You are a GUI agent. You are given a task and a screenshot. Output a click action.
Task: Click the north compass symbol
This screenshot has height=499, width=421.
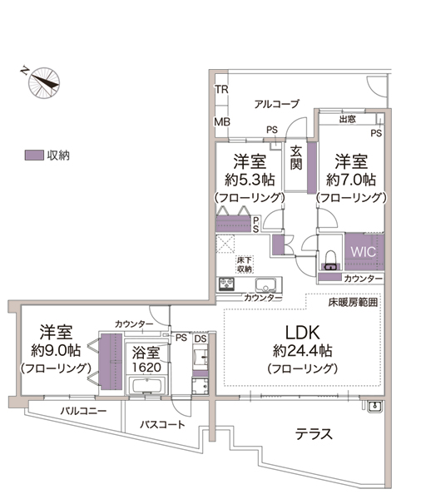44,82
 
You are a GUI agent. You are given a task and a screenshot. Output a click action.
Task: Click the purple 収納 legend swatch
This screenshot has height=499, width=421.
34,156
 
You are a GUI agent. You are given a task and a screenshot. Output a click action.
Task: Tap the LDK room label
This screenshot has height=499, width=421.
302,333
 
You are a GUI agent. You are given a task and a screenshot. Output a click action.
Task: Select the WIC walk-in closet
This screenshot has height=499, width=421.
364,252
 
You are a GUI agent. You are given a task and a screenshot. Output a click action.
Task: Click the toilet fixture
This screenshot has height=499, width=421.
330,260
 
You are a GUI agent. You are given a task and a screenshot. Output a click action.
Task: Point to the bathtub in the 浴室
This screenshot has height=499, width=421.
146,386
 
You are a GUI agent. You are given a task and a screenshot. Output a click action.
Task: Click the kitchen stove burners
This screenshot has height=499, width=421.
227,284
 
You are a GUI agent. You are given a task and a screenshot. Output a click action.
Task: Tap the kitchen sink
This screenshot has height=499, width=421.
265,284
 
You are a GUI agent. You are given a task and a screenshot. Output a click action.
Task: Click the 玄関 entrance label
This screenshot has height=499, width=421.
296,157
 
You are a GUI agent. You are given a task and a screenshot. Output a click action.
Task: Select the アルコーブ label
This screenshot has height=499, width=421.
277,104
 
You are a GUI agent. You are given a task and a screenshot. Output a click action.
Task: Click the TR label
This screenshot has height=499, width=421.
221,90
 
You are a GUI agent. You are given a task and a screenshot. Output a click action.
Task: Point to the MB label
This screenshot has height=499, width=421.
222,122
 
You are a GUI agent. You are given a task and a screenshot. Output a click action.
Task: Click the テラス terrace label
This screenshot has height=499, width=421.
314,434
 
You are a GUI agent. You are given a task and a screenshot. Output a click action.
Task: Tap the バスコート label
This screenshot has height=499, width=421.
162,424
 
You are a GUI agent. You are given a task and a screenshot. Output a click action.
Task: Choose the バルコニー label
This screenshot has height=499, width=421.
83,411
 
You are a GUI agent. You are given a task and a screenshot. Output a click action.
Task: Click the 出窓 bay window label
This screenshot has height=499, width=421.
348,119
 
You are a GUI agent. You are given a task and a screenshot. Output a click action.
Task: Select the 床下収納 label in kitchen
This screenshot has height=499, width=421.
245,264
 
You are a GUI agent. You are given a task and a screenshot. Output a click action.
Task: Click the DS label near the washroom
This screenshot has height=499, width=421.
201,338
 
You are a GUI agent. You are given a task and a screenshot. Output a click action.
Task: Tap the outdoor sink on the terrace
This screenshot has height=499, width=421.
375,407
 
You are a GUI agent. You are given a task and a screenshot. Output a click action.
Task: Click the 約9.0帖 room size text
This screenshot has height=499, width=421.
56,350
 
